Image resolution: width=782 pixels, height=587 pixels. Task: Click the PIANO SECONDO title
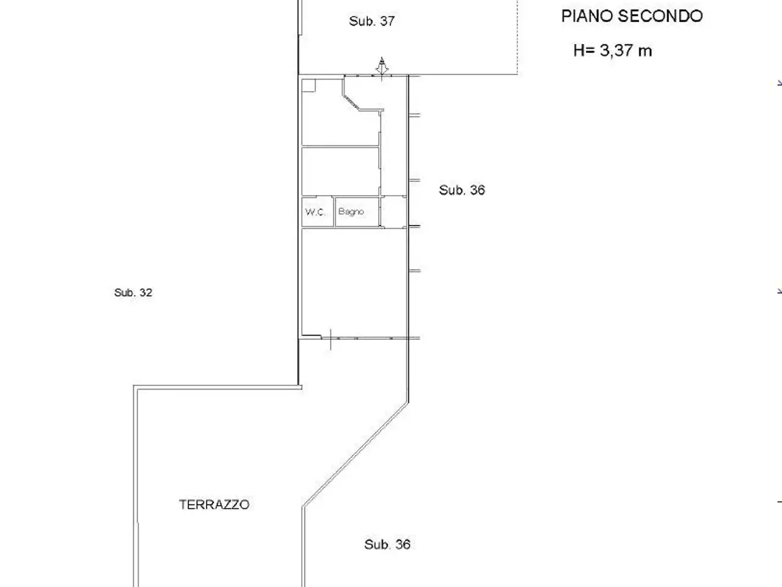pyautogui.click(x=632, y=16)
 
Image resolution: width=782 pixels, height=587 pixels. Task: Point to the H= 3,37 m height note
pyautogui.click(x=612, y=50)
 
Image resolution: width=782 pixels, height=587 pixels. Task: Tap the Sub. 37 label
pyautogui.click(x=372, y=21)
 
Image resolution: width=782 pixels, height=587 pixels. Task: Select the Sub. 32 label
pyautogui.click(x=133, y=292)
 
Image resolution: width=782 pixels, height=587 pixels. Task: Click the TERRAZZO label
pyautogui.click(x=214, y=504)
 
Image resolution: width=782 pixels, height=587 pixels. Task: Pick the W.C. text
pyautogui.click(x=315, y=212)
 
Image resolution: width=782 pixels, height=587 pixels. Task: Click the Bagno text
pyautogui.click(x=351, y=212)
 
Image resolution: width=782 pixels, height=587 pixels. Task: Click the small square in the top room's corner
pyautogui.click(x=309, y=86)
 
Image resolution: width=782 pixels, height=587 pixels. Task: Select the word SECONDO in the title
pyautogui.click(x=660, y=16)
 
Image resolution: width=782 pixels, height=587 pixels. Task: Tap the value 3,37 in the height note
pyautogui.click(x=616, y=50)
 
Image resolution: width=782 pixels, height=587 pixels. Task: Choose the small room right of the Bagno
pyautogui.click(x=393, y=212)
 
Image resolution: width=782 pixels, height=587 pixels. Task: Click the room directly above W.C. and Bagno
pyautogui.click(x=340, y=171)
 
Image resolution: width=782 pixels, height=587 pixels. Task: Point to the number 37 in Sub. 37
pyautogui.click(x=387, y=21)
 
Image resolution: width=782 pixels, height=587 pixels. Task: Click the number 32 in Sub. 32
pyautogui.click(x=146, y=292)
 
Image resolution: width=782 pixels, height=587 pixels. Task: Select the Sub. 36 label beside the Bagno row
pyautogui.click(x=462, y=190)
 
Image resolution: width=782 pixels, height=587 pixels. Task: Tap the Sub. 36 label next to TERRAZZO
pyautogui.click(x=387, y=544)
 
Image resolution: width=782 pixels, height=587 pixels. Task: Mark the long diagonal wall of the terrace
pyautogui.click(x=355, y=455)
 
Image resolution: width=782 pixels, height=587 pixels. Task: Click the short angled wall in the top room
pyautogui.click(x=352, y=102)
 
